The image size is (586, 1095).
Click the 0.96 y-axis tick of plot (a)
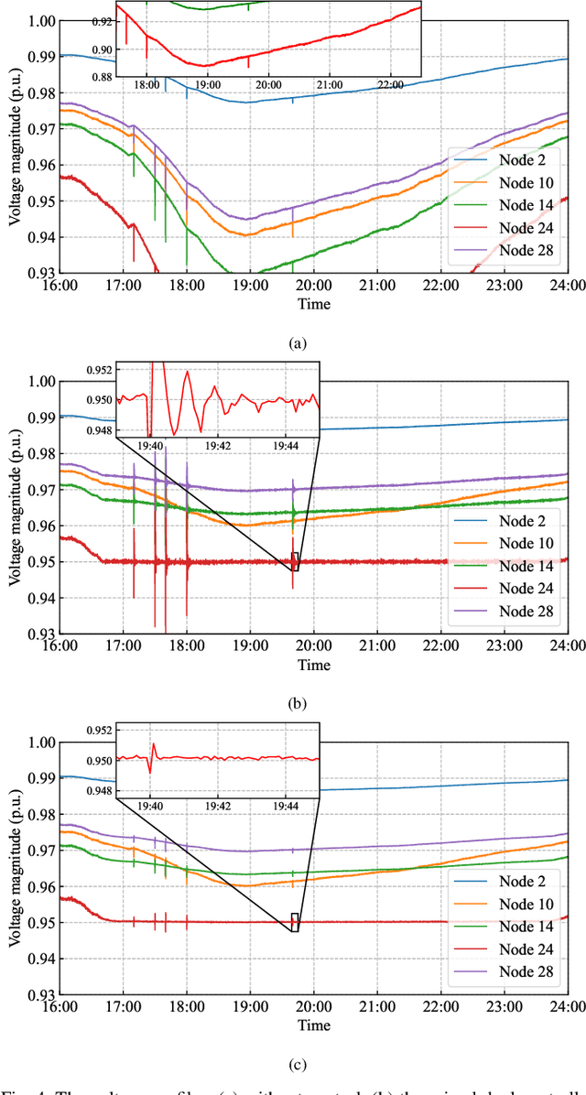point(38,166)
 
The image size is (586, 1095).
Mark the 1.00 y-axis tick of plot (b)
point(38,381)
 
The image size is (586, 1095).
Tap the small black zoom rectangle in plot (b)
point(295,561)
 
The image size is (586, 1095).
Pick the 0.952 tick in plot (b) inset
point(99,370)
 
